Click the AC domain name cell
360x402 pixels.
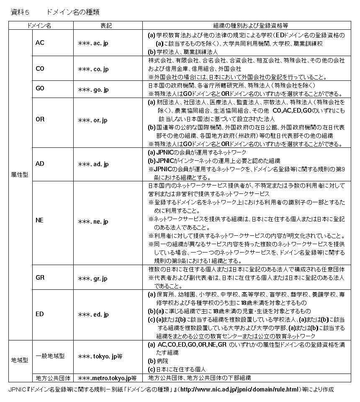pos(40,42)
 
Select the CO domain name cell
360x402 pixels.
pos(40,68)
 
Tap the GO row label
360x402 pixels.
pos(40,89)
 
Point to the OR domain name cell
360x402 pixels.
pos(40,120)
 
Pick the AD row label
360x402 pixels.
pos(40,164)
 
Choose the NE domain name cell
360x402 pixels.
pos(40,221)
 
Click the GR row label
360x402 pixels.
pos(40,278)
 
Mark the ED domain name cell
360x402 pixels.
pos(40,314)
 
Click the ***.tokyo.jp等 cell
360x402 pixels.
pos(100,357)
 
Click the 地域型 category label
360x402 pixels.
pos(20,361)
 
